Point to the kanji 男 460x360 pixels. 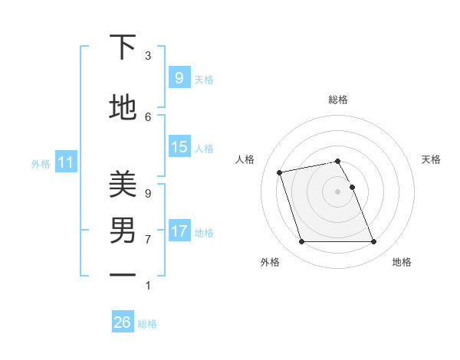point(123,230)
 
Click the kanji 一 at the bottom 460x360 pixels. point(123,275)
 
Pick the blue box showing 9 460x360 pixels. point(179,78)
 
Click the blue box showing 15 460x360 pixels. point(179,147)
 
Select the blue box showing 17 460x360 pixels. point(179,231)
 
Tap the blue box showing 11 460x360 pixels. point(65,162)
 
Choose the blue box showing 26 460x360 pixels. point(122,322)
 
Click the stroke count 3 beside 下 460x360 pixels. point(148,56)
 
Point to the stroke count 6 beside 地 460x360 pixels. point(148,116)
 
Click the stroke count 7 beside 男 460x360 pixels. point(148,239)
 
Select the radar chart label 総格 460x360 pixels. point(338,100)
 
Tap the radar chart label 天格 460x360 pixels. point(432,159)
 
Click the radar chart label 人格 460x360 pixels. point(245,159)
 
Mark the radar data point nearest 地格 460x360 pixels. point(373,242)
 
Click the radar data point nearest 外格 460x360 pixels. point(301,242)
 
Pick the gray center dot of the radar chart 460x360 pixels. point(337,191)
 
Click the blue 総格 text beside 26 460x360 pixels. point(147,324)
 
